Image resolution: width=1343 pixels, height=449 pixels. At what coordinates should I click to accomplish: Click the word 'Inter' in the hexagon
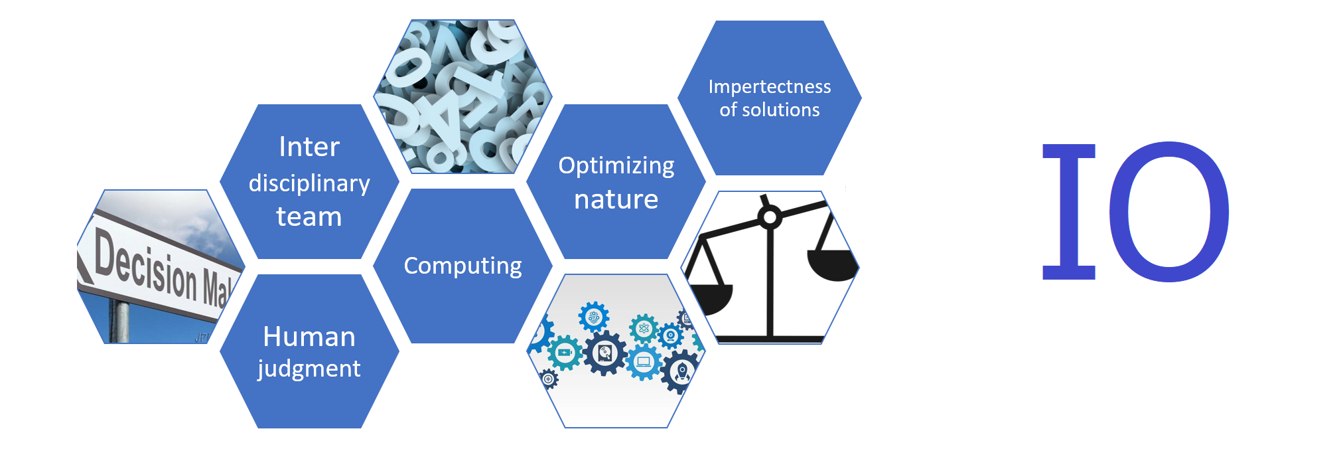[x=309, y=147]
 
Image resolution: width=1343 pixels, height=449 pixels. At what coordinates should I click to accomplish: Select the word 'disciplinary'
[x=309, y=183]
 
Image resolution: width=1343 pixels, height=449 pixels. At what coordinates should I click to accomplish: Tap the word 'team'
[x=309, y=217]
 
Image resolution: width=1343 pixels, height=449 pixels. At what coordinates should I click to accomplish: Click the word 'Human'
[x=309, y=337]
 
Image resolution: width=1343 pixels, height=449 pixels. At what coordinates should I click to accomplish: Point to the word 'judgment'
[x=309, y=369]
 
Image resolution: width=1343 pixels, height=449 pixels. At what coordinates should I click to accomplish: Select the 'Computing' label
[x=462, y=266]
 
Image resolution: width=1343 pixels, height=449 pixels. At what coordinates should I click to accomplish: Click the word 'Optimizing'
[x=616, y=166]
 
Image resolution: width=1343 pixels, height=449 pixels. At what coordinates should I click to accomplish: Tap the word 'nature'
[x=616, y=200]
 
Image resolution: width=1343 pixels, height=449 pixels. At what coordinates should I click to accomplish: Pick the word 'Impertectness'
[x=770, y=87]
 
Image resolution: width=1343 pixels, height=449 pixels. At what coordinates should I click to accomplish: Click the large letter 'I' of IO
[x=1068, y=211]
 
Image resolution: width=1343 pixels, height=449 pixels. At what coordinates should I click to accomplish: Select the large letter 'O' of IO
[x=1169, y=211]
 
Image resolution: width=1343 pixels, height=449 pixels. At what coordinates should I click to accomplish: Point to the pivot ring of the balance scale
[x=770, y=217]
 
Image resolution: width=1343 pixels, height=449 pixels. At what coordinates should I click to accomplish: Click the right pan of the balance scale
[x=832, y=264]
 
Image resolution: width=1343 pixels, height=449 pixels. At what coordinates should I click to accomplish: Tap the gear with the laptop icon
[x=643, y=362]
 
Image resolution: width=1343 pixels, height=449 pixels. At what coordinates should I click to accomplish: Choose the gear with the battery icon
[x=565, y=353]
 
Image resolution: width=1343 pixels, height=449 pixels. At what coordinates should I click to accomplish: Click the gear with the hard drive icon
[x=604, y=353]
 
